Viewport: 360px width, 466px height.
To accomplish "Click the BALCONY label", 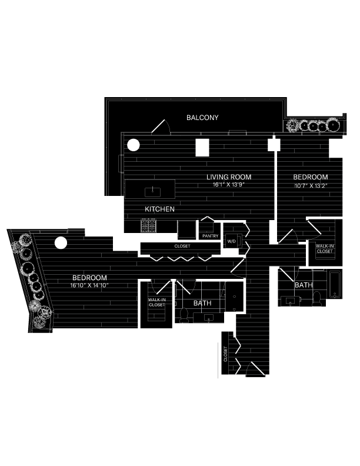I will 202,118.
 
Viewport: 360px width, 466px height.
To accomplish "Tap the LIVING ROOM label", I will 229,177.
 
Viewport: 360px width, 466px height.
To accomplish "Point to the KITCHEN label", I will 160,209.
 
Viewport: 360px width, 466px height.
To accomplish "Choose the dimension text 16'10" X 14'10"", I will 89,285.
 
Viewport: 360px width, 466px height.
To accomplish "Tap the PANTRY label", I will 210,237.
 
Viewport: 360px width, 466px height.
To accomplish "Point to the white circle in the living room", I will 134,144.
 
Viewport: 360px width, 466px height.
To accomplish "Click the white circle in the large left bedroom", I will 61,242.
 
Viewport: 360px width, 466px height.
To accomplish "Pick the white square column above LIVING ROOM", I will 202,147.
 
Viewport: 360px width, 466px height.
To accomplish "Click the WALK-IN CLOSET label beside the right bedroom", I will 324,249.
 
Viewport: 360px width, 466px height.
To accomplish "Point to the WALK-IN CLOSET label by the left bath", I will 156,302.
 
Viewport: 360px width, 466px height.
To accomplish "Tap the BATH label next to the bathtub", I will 304,285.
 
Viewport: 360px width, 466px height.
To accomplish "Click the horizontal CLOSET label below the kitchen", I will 182,246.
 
